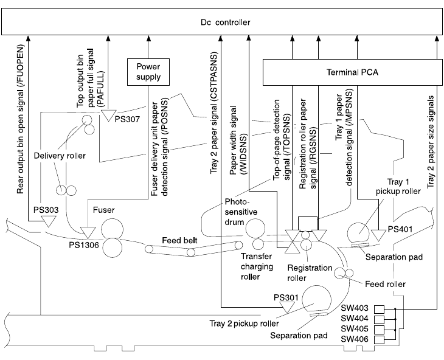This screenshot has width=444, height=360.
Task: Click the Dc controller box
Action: pyautogui.click(x=221, y=22)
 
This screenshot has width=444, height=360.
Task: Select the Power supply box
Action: pyautogui.click(x=148, y=72)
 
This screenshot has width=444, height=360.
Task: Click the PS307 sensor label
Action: pyautogui.click(x=128, y=119)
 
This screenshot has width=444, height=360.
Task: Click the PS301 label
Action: pyautogui.click(x=286, y=296)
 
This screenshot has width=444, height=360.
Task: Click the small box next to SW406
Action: pyautogui.click(x=379, y=338)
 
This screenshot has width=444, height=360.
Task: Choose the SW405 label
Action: pyautogui.click(x=353, y=328)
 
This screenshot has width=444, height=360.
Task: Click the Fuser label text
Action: pyautogui.click(x=105, y=210)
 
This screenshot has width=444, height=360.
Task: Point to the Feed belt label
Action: pyautogui.click(x=179, y=240)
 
